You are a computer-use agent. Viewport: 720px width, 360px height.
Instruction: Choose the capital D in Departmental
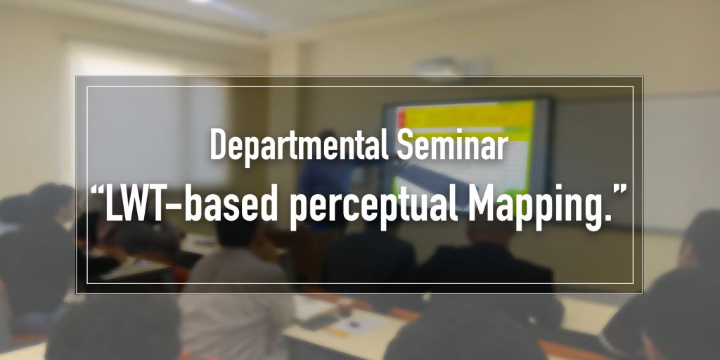coord(219,146)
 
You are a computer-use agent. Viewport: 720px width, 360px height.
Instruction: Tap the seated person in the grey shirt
coord(232,295)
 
